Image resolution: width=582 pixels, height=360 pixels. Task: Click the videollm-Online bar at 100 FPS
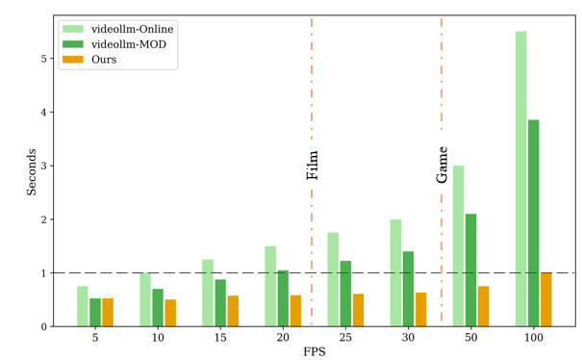click(x=520, y=179)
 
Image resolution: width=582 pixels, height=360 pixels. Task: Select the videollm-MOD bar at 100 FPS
click(x=533, y=223)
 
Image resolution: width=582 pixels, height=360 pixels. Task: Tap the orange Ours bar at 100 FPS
click(x=545, y=300)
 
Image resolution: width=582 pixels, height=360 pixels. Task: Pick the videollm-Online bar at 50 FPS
click(x=458, y=246)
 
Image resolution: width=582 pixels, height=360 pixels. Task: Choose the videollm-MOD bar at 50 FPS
click(x=470, y=270)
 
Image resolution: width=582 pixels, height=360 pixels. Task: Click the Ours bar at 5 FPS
click(x=108, y=313)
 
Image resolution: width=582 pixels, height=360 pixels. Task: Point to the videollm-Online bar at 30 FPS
click(x=395, y=273)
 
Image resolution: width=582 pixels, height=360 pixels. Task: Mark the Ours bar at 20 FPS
click(x=295, y=311)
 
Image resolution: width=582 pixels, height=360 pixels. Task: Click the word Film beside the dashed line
click(x=313, y=166)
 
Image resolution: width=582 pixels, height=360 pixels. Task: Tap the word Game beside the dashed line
click(x=443, y=165)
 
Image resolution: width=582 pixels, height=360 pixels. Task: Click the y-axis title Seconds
click(x=32, y=170)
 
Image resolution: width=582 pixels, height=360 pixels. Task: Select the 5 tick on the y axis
click(x=45, y=59)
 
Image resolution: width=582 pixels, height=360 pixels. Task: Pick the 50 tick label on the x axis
click(x=470, y=338)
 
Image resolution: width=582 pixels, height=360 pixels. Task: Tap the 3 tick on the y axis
click(x=45, y=166)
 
